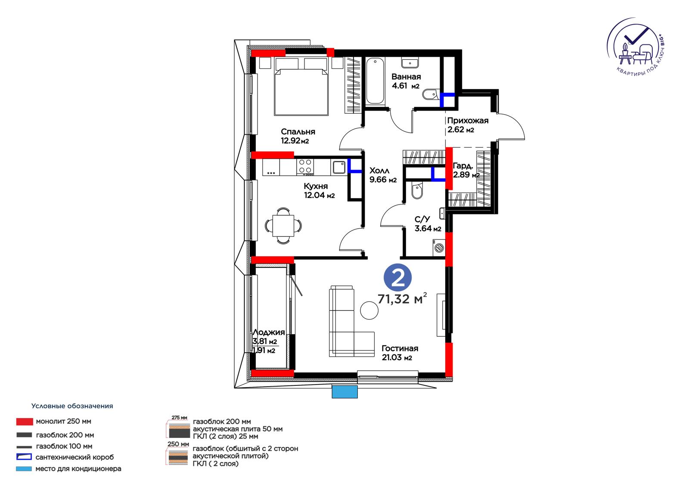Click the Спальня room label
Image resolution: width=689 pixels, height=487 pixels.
pyautogui.click(x=298, y=132)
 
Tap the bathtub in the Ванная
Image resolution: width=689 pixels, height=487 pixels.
pyautogui.click(x=375, y=81)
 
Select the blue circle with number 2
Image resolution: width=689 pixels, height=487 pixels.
pyautogui.click(x=397, y=277)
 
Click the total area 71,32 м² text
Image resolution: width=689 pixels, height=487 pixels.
pyautogui.click(x=402, y=298)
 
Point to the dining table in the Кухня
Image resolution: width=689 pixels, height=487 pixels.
pyautogui.click(x=283, y=226)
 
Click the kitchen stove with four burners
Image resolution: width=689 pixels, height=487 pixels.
pyautogui.click(x=305, y=167)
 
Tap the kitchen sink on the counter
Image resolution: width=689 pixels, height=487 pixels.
pyautogui.click(x=339, y=168)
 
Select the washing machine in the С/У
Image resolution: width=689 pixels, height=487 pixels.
pyautogui.click(x=439, y=248)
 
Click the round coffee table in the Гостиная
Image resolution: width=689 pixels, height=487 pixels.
pyautogui.click(x=369, y=310)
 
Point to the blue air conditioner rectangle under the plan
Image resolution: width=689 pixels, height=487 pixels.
pyautogui.click(x=344, y=392)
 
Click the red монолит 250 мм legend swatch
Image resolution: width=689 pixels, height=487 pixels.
pyautogui.click(x=25, y=422)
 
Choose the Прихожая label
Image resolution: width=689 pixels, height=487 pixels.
pyautogui.click(x=468, y=121)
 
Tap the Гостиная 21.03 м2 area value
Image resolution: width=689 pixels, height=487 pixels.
pyautogui.click(x=397, y=357)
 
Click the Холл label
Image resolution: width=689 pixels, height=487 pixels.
pyautogui.click(x=379, y=171)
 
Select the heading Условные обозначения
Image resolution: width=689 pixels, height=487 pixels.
pyautogui.click(x=72, y=406)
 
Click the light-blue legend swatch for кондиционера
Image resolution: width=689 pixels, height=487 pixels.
pyautogui.click(x=24, y=469)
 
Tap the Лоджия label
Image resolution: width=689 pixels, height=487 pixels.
pyautogui.click(x=269, y=332)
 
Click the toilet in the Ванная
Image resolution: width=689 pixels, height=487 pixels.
pyautogui.click(x=431, y=94)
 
